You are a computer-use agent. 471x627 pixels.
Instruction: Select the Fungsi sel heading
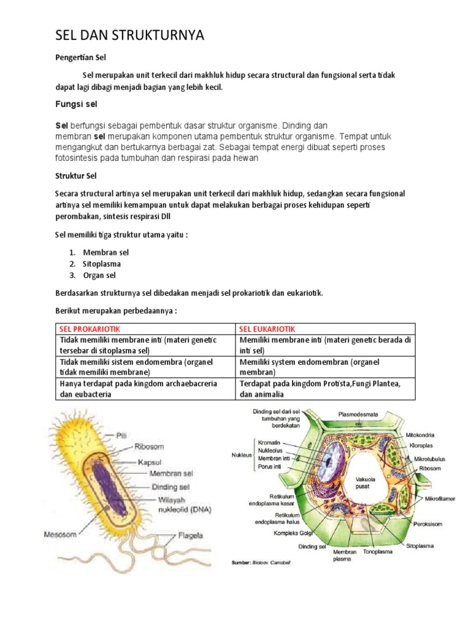tap(77, 104)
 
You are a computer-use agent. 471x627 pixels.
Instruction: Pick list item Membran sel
tap(107, 252)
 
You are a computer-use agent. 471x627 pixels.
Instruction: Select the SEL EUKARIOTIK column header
tap(268, 329)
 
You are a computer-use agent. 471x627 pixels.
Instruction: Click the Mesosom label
tap(60, 534)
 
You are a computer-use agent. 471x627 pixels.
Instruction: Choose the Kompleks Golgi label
tap(294, 533)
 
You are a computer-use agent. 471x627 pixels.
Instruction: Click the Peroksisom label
tap(427, 524)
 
